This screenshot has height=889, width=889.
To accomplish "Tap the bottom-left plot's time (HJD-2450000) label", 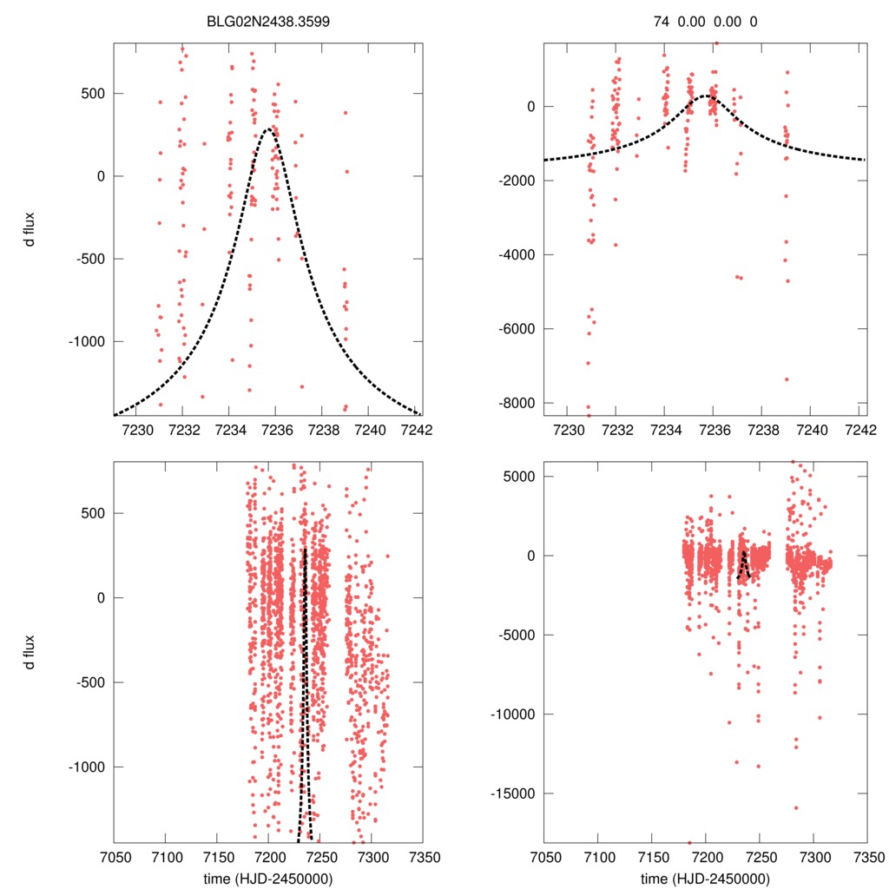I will [x=267, y=879].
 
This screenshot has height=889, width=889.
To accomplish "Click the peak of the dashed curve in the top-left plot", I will [x=269, y=128].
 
